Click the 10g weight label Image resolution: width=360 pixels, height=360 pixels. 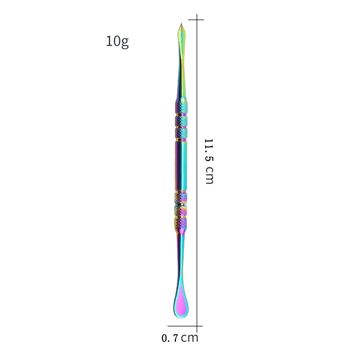[x=117, y=41]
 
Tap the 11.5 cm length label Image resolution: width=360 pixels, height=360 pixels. [x=209, y=161]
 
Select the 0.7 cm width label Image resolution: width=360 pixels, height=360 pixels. [x=180, y=338]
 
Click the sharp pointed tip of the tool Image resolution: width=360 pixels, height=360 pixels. [x=181, y=23]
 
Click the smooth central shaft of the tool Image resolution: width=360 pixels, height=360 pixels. [x=181, y=166]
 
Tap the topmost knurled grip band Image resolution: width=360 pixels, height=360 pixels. [x=181, y=107]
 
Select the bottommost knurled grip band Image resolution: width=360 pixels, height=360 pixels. [x=180, y=224]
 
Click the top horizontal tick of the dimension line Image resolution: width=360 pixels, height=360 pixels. [x=196, y=20]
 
